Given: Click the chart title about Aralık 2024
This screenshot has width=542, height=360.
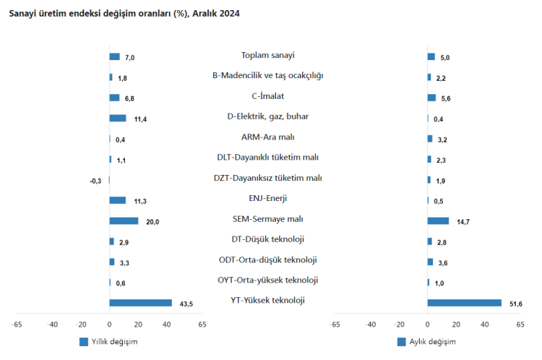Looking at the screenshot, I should point(124,14).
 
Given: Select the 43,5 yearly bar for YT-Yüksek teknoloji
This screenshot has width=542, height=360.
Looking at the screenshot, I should point(141,303).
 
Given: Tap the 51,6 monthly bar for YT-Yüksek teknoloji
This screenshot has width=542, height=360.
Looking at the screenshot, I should point(464,303).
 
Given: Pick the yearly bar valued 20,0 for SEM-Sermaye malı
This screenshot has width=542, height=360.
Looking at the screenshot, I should point(124,221).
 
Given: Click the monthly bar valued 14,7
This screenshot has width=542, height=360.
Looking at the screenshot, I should point(438,221).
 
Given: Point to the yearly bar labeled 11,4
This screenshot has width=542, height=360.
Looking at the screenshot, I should point(117,119).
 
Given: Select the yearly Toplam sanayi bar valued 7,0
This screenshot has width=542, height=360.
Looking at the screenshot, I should point(114,57).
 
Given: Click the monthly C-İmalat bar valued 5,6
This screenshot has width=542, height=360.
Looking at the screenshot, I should point(431,98).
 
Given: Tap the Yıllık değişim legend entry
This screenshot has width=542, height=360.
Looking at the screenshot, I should point(108,341).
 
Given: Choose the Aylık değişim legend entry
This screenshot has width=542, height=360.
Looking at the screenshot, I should point(427,341).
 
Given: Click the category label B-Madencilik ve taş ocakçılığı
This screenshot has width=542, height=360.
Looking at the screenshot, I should point(268,75).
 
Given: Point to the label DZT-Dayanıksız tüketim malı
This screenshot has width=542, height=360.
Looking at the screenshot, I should point(268,178).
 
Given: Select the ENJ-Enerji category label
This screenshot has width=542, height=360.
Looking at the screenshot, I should point(268,198).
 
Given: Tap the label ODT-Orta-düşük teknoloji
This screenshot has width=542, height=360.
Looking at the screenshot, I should point(268,260).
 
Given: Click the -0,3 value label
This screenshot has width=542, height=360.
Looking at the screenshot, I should point(95,181).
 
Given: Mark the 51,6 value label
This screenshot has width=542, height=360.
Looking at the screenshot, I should point(516,304).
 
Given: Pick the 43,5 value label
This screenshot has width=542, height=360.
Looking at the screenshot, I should point(184,304).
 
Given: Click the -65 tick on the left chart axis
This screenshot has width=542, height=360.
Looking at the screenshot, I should point(17,325).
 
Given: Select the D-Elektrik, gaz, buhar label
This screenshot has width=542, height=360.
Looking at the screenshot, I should point(268,116).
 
